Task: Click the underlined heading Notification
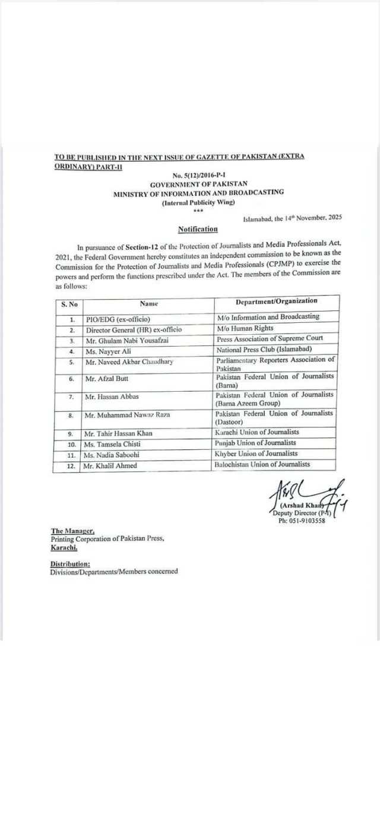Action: [198, 229]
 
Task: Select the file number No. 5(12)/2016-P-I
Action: [198, 176]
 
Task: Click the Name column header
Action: [148, 303]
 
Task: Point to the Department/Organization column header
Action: [276, 301]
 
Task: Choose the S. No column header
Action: [69, 304]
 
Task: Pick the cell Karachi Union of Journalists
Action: [257, 432]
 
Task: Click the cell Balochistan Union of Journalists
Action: [262, 465]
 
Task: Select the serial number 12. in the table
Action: [71, 466]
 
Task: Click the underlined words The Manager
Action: [72, 531]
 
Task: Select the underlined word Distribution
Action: [70, 564]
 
